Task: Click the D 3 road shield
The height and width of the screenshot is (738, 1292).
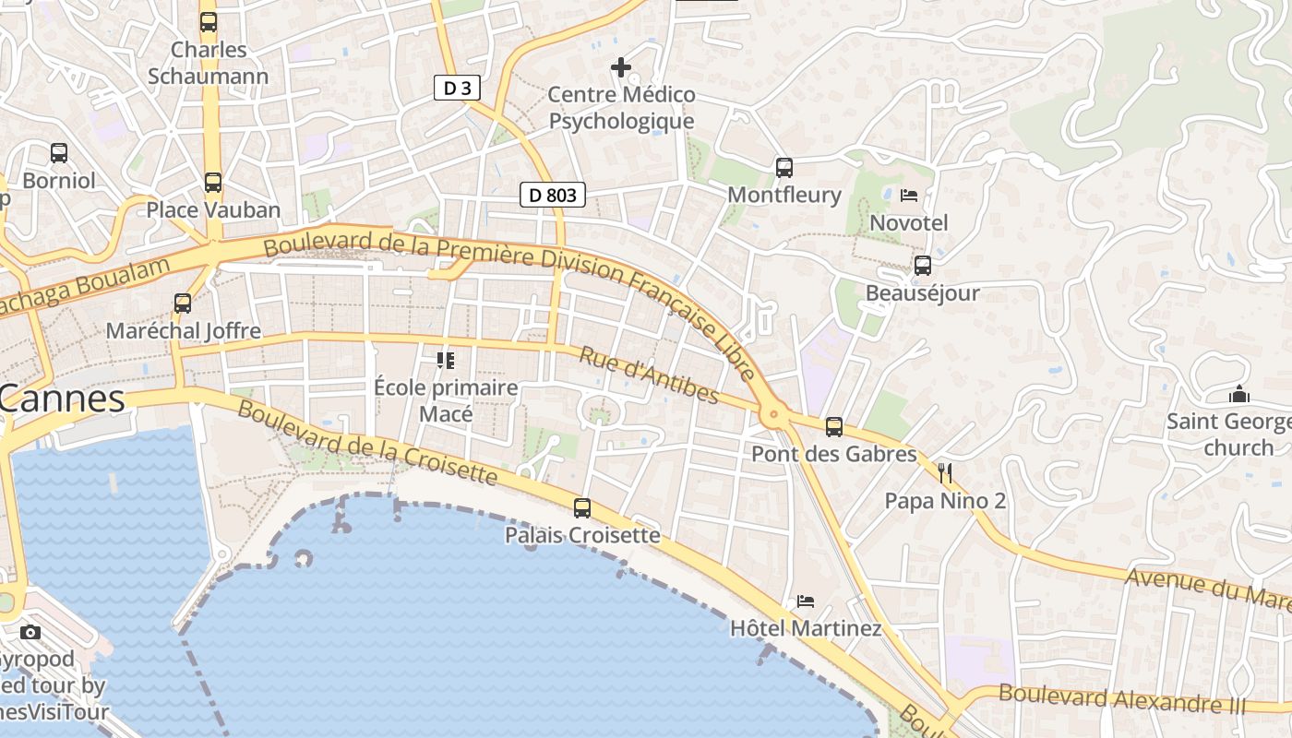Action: [457, 88]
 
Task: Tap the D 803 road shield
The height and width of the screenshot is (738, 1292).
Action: [553, 195]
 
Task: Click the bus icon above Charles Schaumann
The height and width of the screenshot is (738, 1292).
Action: [209, 21]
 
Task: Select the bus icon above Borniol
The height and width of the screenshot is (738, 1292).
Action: [59, 152]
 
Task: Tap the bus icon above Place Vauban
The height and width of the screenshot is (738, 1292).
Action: [213, 182]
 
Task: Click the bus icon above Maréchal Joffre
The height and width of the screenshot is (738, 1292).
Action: [183, 303]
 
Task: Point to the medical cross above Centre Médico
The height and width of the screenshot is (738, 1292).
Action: [621, 66]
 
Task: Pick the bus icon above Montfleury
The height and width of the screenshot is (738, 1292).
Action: [784, 167]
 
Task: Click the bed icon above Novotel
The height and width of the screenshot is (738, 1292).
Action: [909, 196]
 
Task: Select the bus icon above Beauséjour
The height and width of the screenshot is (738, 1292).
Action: [922, 266]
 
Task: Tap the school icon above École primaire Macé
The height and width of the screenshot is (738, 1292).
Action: [446, 360]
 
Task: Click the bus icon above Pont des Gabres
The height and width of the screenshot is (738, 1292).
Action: [834, 426]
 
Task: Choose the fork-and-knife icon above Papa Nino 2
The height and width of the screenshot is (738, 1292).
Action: [944, 473]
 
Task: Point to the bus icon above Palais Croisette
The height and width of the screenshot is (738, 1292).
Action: [582, 507]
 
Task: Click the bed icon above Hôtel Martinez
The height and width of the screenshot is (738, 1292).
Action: [806, 601]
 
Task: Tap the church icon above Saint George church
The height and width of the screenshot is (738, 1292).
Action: [1238, 395]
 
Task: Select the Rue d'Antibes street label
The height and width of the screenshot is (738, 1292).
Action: [649, 375]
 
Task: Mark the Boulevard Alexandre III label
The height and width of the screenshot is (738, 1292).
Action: [1122, 698]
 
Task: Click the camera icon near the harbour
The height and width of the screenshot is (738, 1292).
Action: [30, 632]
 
